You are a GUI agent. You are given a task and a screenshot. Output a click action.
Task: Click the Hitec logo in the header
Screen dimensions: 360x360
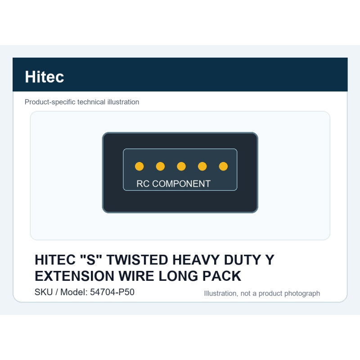[x=44, y=76]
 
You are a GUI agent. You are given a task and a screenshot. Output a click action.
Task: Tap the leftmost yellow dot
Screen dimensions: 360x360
[x=139, y=166]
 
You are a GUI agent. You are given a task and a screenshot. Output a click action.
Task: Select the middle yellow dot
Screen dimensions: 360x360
[x=181, y=166]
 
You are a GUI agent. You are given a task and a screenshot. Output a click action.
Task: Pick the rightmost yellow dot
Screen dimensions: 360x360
[x=223, y=166]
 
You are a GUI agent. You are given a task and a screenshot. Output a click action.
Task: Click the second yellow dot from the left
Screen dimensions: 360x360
[x=160, y=166]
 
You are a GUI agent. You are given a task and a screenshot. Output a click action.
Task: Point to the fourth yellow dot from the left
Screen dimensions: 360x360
[x=202, y=166]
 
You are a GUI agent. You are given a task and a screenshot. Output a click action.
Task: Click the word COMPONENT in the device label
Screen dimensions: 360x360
[x=181, y=184]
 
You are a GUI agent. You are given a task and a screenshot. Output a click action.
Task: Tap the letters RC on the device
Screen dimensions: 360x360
[x=143, y=184]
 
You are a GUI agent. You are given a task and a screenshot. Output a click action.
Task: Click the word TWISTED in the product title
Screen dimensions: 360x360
[x=137, y=260]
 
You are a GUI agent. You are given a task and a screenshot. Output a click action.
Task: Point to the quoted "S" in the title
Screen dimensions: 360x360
[x=91, y=260]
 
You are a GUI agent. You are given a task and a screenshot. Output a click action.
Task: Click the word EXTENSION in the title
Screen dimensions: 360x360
[x=74, y=276]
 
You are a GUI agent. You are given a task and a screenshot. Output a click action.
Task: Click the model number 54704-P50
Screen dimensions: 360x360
[x=112, y=292]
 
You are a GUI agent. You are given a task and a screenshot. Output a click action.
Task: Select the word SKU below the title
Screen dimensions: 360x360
[x=44, y=292]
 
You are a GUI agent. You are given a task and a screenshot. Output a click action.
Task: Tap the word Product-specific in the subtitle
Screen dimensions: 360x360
[x=50, y=102]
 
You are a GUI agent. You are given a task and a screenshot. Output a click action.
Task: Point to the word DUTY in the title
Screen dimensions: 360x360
[x=243, y=260]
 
